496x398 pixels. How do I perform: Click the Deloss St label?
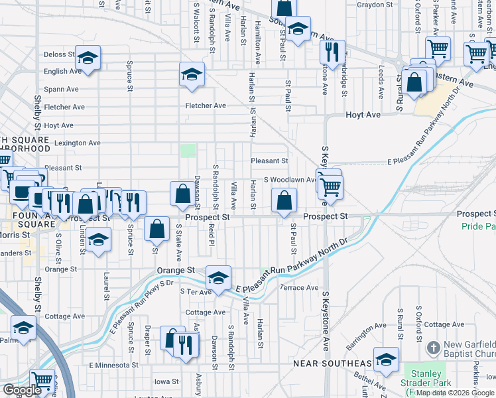point(59,54)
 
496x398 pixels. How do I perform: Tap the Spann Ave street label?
point(62,89)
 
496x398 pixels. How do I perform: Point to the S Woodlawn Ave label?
point(289,180)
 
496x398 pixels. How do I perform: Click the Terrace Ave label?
point(299,287)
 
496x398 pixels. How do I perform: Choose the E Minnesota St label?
point(114,365)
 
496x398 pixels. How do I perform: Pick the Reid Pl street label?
point(212,233)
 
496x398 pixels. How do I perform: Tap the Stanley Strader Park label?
point(425,378)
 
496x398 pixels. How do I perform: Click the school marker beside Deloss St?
point(88,58)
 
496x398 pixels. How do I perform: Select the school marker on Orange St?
point(217,278)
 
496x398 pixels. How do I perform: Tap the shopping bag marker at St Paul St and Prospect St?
point(284,200)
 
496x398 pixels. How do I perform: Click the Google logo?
point(22,390)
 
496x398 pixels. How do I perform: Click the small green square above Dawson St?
point(189,151)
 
